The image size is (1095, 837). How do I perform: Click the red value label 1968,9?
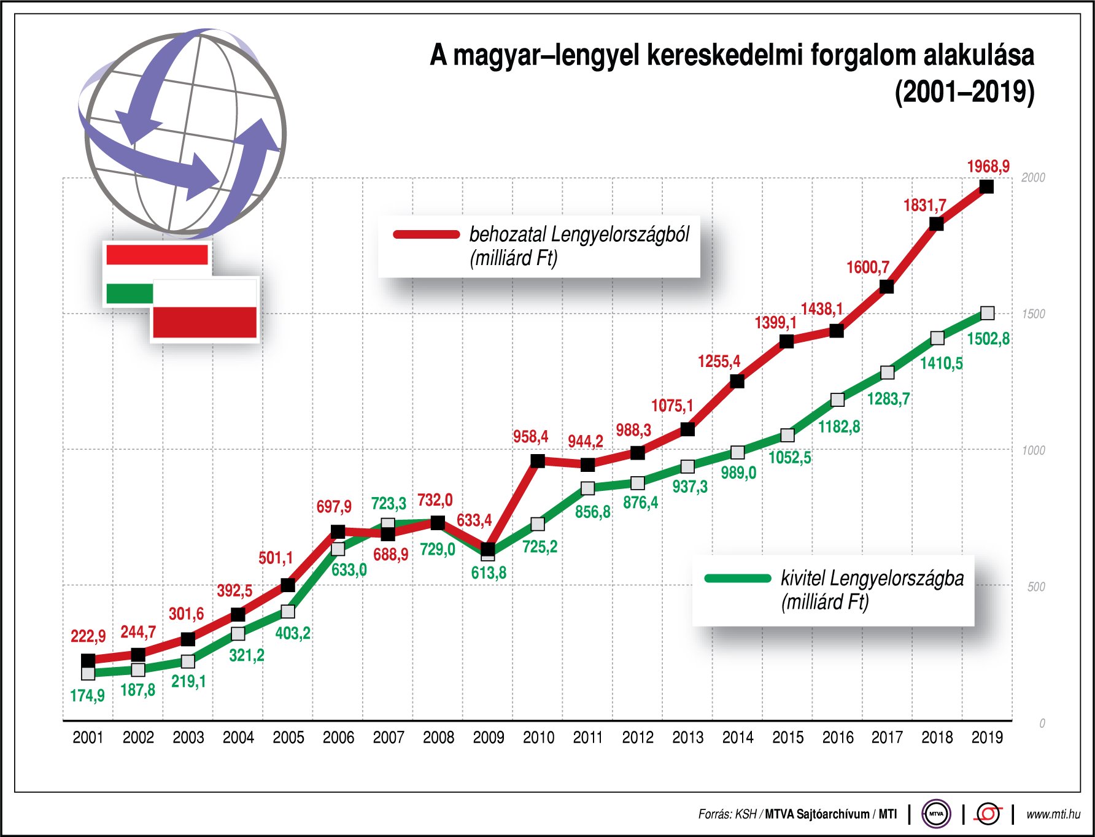pyautogui.click(x=988, y=166)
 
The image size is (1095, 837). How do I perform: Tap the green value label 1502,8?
pyautogui.click(x=988, y=339)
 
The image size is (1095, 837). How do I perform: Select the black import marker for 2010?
pyautogui.click(x=538, y=461)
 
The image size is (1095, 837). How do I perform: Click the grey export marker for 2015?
pyautogui.click(x=787, y=435)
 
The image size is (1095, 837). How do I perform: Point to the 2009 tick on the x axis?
pyautogui.click(x=489, y=737)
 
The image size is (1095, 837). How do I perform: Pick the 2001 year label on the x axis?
pyautogui.click(x=88, y=737)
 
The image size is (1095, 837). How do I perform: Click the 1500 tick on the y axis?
pyautogui.click(x=1033, y=314)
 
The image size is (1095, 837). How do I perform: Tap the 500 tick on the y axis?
pyautogui.click(x=1036, y=587)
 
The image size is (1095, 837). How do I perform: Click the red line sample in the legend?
pyautogui.click(x=427, y=234)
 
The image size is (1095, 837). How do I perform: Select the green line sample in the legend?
pyautogui.click(x=738, y=578)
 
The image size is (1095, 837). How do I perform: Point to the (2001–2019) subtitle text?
pyautogui.click(x=964, y=92)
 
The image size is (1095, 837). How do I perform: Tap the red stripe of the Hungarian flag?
pyautogui.click(x=157, y=254)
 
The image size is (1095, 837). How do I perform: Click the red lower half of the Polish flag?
pyautogui.click(x=204, y=322)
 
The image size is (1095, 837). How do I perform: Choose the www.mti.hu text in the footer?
pyautogui.click(x=1053, y=814)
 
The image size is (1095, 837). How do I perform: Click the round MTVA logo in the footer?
pyautogui.click(x=936, y=814)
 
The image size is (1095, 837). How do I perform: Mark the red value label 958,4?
pyautogui.click(x=530, y=437)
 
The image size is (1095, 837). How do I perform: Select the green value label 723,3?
pyautogui.click(x=389, y=504)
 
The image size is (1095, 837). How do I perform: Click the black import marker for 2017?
pyautogui.click(x=886, y=287)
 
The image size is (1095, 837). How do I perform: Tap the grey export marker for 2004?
pyautogui.click(x=238, y=633)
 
